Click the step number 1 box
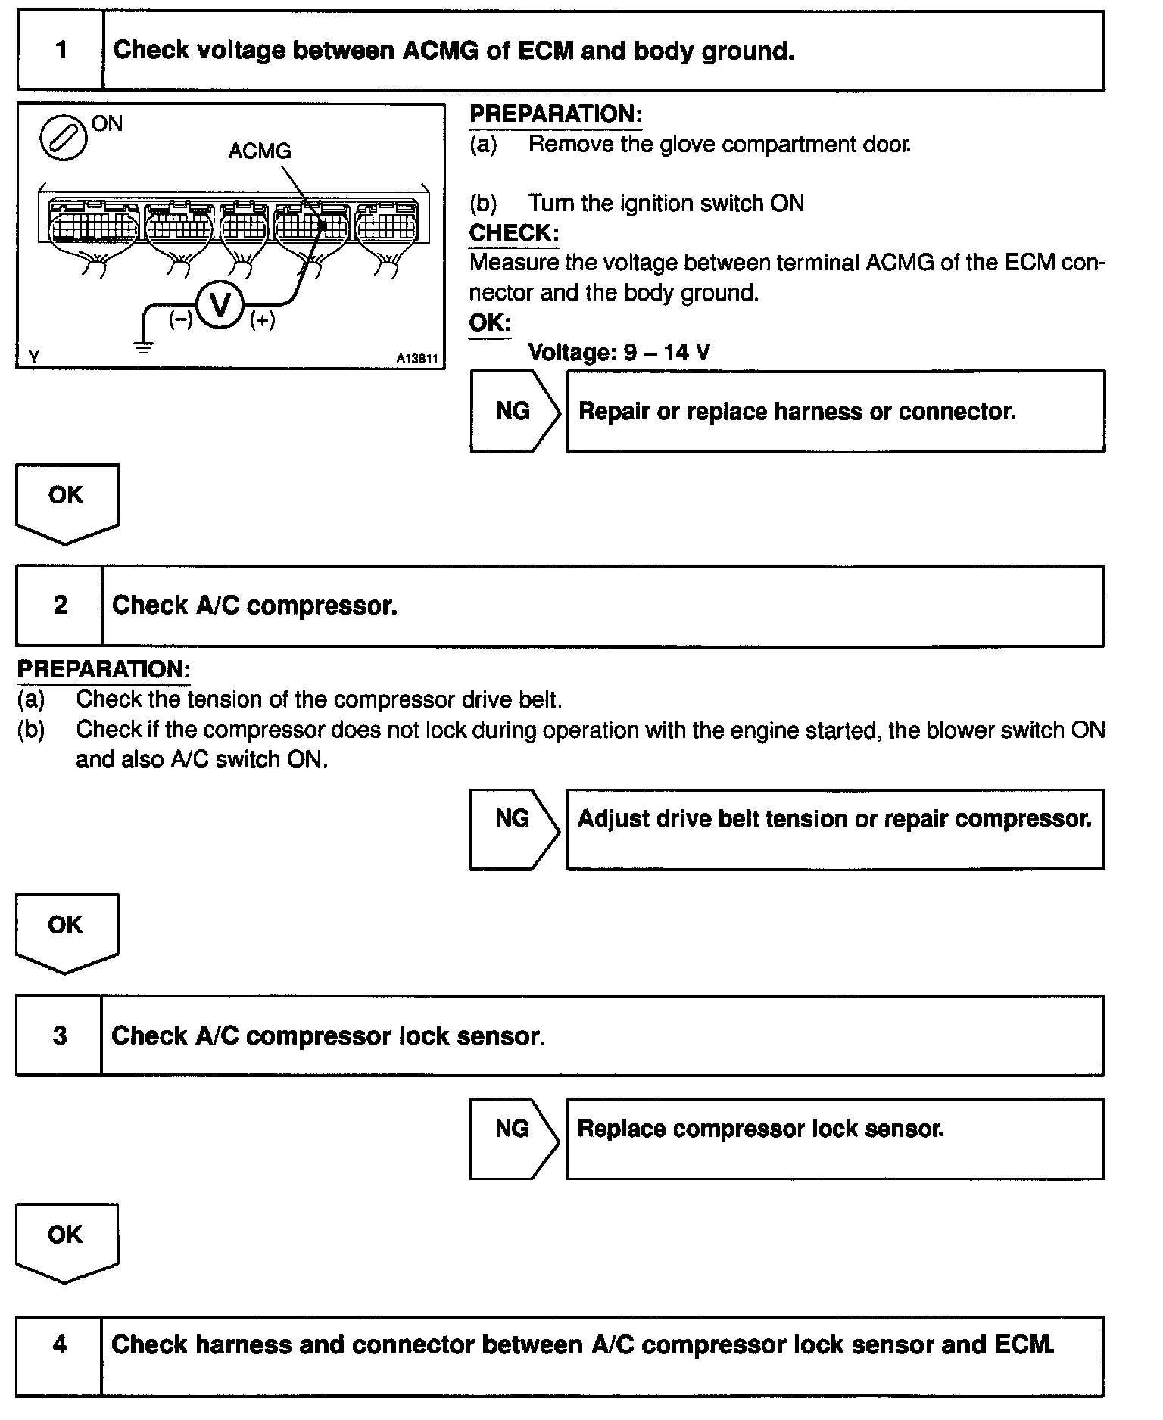61,51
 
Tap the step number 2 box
60,606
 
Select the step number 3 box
59,1035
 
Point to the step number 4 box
59,1344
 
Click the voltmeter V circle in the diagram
220,305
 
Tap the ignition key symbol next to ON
63,137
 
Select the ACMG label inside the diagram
260,151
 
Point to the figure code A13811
417,359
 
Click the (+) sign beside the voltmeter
263,320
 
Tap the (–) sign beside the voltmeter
180,319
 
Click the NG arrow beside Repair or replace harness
514,411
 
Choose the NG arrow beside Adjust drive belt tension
513,829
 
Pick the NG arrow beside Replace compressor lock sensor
513,1138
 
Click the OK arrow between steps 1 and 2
67,502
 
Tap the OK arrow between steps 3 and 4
66,1242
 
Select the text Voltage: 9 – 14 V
619,352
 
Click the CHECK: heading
514,233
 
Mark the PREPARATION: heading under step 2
104,669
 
